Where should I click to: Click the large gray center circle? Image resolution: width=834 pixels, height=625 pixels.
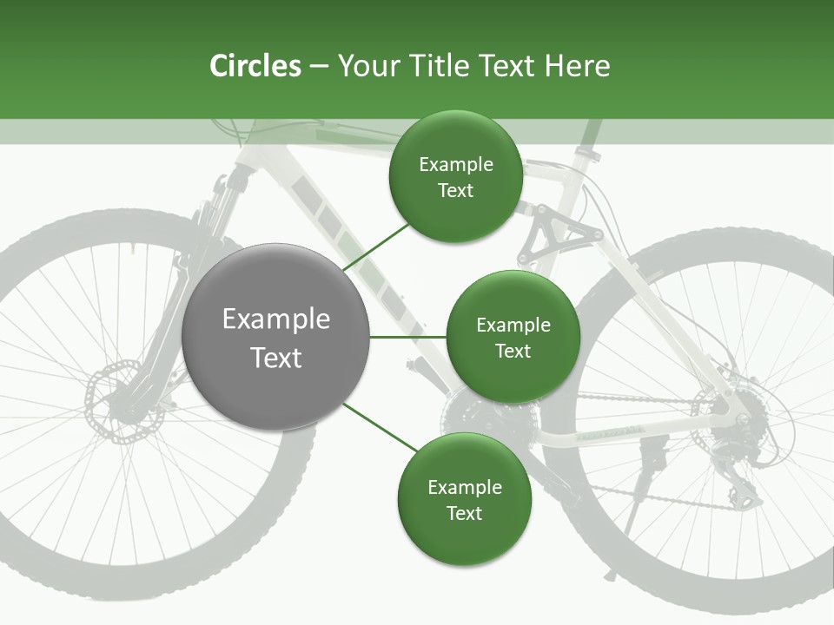point(276,337)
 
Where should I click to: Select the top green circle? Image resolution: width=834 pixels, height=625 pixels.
point(455,177)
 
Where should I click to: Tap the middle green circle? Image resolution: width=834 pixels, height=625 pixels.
point(513,337)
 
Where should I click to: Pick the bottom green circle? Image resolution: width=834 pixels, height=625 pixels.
point(464,500)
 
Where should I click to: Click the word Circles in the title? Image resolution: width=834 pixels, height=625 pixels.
point(255,66)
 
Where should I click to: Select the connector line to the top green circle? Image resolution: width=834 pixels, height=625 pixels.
point(378,245)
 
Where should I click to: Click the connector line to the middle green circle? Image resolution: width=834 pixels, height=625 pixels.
point(407,337)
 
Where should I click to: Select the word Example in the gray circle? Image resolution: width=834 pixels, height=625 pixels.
point(276,319)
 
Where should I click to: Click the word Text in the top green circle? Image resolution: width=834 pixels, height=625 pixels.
point(455,191)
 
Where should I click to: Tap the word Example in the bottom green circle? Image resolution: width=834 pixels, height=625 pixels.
point(464,487)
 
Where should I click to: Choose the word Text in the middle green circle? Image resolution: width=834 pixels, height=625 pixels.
point(513,351)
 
